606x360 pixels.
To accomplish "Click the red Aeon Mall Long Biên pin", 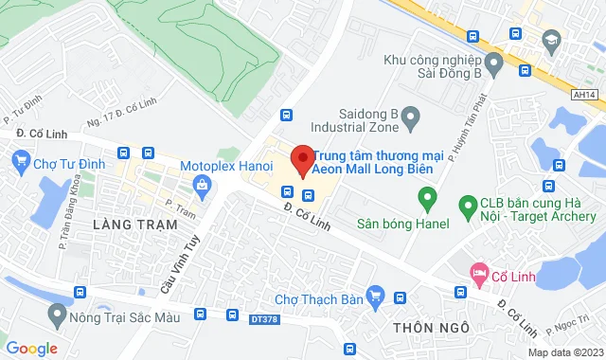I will click(x=301, y=159).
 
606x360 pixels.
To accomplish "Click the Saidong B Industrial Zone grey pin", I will click(x=411, y=118).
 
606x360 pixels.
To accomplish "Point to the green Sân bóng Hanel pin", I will click(x=427, y=200).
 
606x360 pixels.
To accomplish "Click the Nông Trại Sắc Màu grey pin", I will click(x=59, y=313).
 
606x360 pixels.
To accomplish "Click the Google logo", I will click(x=31, y=349).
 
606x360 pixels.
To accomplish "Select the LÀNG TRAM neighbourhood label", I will click(x=135, y=225).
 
